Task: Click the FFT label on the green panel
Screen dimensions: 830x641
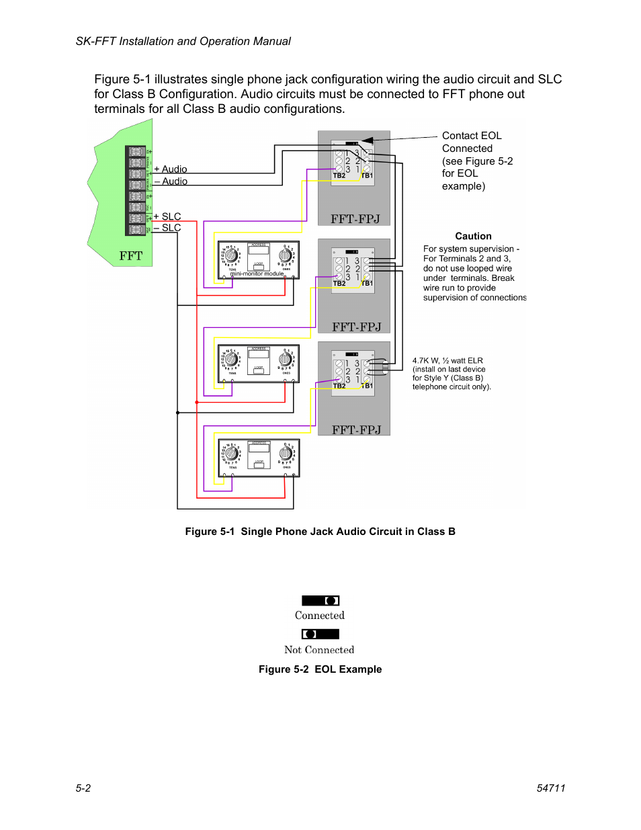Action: click(131, 256)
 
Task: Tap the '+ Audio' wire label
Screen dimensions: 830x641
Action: click(171, 169)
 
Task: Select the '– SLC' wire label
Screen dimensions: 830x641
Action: click(167, 228)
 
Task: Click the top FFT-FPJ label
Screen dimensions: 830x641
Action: click(355, 219)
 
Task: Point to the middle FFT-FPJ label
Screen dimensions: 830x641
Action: click(356, 327)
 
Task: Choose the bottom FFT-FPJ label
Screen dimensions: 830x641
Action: click(356, 430)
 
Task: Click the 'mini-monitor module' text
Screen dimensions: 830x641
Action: click(257, 274)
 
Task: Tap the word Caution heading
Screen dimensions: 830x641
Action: click(473, 237)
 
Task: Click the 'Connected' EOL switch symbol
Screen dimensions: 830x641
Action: click(320, 601)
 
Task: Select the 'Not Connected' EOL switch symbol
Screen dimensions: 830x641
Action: click(320, 634)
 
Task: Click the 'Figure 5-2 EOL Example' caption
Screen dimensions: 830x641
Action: click(320, 669)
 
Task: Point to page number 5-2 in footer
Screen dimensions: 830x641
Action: click(83, 788)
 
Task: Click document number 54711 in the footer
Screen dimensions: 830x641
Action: click(551, 788)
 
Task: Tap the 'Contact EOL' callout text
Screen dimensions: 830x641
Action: click(472, 136)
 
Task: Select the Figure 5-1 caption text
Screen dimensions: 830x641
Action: click(320, 532)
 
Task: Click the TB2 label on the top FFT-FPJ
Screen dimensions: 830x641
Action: click(339, 176)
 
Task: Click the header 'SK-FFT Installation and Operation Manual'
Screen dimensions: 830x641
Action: click(183, 42)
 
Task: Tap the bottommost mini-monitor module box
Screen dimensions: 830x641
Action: click(259, 458)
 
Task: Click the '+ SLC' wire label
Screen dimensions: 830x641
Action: click(167, 216)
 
